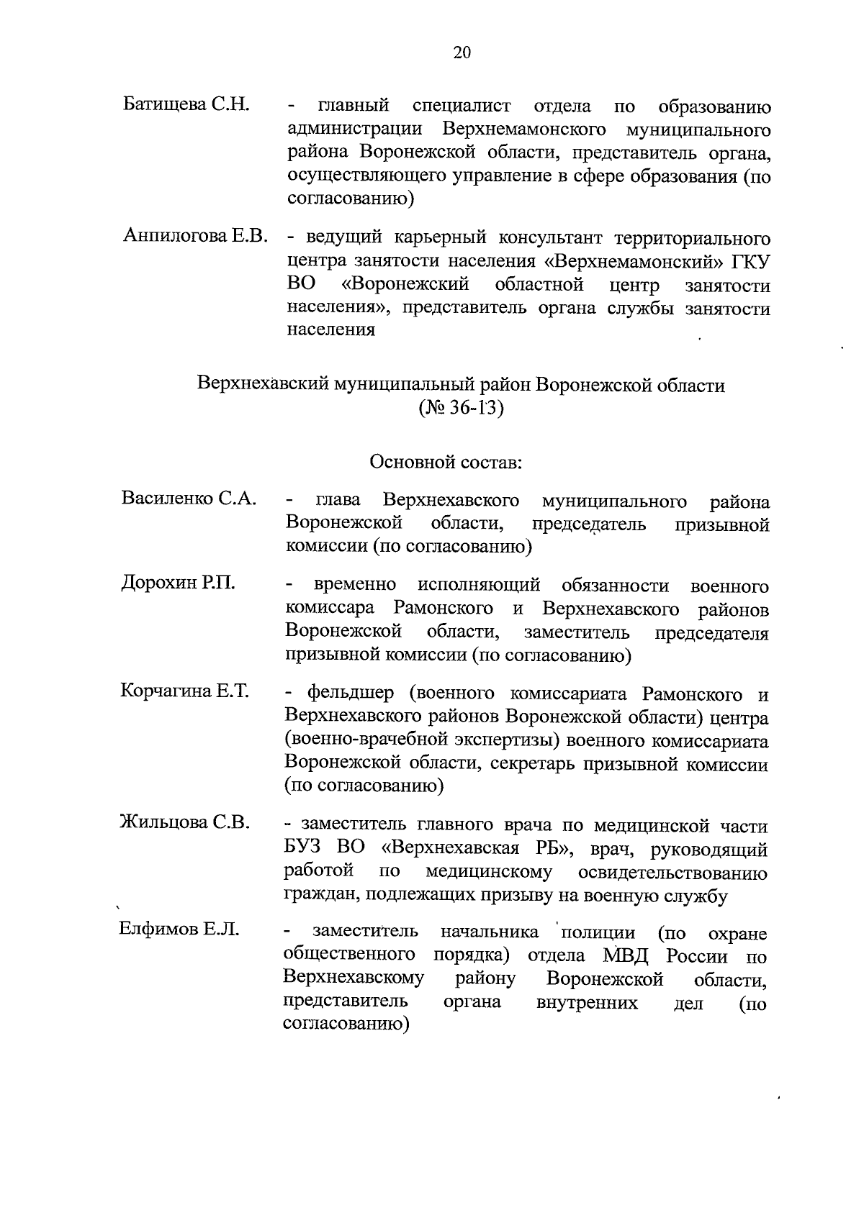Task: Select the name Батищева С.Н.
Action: [186, 104]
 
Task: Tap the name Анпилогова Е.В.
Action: [196, 235]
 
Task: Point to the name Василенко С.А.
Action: [189, 499]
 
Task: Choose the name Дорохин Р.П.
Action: [178, 583]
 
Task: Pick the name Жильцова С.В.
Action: [185, 822]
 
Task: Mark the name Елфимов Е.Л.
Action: [179, 929]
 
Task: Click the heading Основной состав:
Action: [446, 461]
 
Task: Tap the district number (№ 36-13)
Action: [462, 409]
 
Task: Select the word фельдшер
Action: [351, 694]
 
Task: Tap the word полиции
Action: [597, 933]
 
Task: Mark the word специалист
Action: [462, 107]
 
